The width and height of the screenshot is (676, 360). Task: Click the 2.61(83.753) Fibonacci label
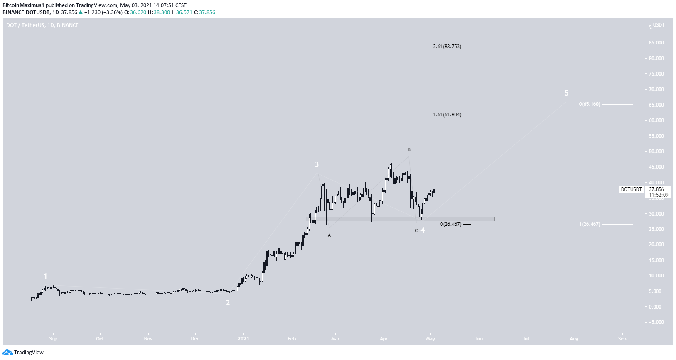[447, 47]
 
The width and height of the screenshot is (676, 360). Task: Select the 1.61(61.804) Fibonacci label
[447, 115]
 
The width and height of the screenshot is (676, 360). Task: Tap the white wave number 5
[566, 93]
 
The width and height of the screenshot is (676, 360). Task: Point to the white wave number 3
[317, 164]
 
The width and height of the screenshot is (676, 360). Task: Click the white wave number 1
[45, 276]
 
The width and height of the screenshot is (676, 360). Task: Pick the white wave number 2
[228, 303]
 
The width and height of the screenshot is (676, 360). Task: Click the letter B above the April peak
[409, 149]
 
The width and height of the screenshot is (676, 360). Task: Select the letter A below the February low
[329, 235]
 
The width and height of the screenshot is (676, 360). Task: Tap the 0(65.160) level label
[589, 104]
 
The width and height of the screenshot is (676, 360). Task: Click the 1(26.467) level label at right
[589, 224]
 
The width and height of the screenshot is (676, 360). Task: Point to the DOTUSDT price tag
[631, 189]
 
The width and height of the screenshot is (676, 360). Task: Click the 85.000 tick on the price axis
[656, 43]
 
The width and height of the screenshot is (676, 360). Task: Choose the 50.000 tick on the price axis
[656, 152]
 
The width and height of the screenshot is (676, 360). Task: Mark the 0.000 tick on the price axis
[655, 307]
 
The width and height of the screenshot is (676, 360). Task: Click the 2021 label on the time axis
[243, 339]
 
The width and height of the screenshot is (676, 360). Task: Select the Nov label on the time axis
[148, 339]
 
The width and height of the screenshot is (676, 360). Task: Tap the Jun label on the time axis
[479, 339]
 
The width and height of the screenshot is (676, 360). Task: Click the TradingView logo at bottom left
[23, 353]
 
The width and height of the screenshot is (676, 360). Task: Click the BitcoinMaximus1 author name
[23, 5]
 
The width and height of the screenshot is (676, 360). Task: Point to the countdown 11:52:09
[659, 195]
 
